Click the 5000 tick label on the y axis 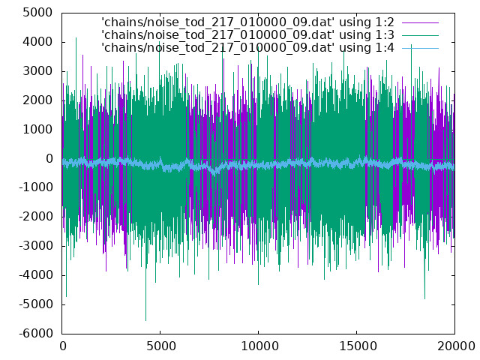click(x=37, y=13)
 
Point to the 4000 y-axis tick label click(x=37, y=42)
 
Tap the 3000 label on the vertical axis click(x=37, y=71)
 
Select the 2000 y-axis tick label click(x=37, y=100)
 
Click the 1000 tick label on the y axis click(x=37, y=130)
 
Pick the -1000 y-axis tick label click(x=35, y=187)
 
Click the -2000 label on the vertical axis click(x=35, y=217)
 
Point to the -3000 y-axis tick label click(x=35, y=246)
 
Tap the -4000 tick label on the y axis click(x=35, y=275)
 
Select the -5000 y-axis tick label click(x=35, y=304)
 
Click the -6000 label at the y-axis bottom click(x=35, y=333)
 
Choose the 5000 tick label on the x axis click(x=161, y=346)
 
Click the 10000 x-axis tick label click(x=259, y=346)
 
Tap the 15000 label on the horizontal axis click(x=358, y=346)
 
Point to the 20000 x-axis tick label click(x=456, y=346)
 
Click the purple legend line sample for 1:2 click(x=420, y=22)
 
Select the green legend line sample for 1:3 click(x=420, y=35)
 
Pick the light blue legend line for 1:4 click(x=420, y=48)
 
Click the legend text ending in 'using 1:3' click(x=247, y=35)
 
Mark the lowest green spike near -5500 click(x=145, y=320)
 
